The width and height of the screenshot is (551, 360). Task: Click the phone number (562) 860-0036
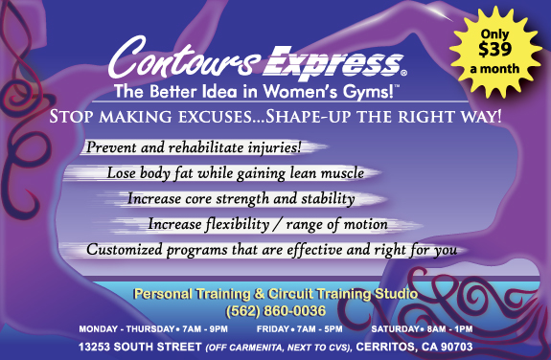[275, 310]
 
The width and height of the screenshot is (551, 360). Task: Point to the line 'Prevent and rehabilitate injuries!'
[195, 148]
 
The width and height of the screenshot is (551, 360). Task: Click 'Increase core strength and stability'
[241, 199]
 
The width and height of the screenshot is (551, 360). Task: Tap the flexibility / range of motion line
[267, 224]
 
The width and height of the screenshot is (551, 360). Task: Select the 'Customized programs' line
[271, 250]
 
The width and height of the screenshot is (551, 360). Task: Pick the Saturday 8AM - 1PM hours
[422, 328]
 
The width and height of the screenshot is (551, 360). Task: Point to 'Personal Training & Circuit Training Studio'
[275, 294]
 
